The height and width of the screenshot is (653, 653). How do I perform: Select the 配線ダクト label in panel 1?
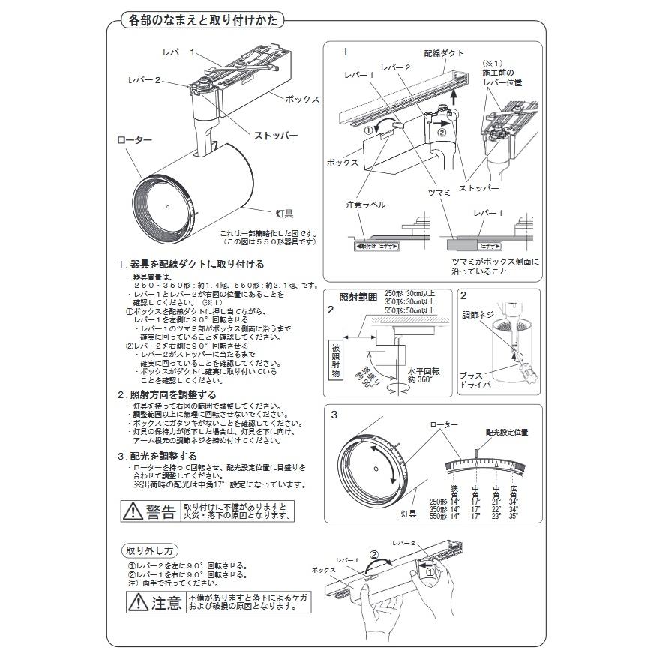(444, 54)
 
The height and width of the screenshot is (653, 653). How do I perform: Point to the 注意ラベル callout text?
(366, 204)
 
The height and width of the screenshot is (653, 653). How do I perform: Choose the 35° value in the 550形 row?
(514, 517)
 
